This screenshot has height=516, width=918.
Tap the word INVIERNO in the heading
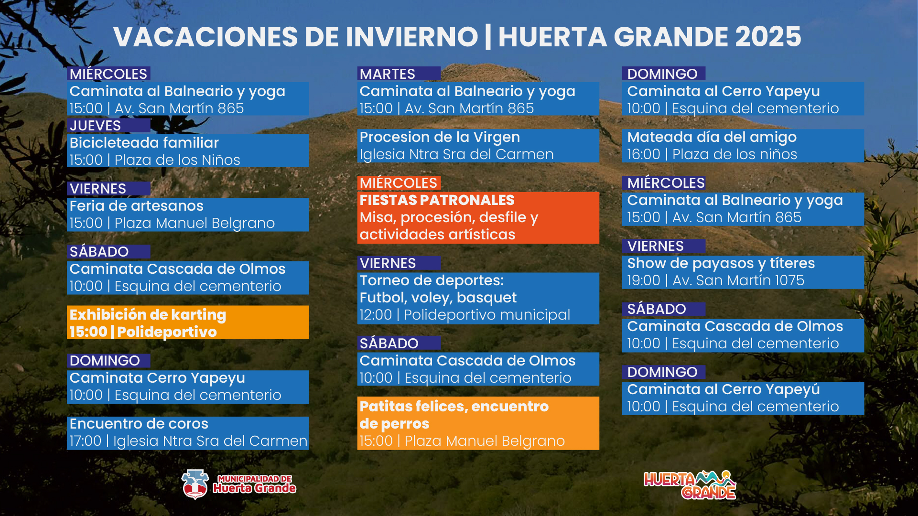[x=411, y=37]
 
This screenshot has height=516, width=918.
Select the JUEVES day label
[x=95, y=126]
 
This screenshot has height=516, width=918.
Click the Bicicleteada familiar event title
[x=144, y=142]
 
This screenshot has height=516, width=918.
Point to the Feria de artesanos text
[x=137, y=206]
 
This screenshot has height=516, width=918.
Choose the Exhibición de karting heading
[x=148, y=314]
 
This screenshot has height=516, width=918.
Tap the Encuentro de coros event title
[x=139, y=424]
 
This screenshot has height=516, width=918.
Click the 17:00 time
[x=86, y=441]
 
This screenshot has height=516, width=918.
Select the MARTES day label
[x=388, y=74]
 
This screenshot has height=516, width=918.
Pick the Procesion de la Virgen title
[x=440, y=137]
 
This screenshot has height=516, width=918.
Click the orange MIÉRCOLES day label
[x=399, y=183]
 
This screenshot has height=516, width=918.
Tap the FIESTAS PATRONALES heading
[x=437, y=200]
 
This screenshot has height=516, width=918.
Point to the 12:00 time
[x=376, y=315]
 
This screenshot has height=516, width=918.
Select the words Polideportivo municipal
[x=487, y=315]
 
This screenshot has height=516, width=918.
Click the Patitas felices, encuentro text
[x=454, y=406]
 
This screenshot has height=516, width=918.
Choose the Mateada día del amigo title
[x=712, y=137]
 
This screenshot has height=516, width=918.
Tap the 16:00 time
[x=643, y=154]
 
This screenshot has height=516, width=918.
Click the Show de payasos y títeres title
[x=721, y=263]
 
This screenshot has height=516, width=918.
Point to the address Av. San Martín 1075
[x=738, y=280]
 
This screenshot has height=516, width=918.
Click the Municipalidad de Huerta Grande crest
[x=195, y=484]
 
